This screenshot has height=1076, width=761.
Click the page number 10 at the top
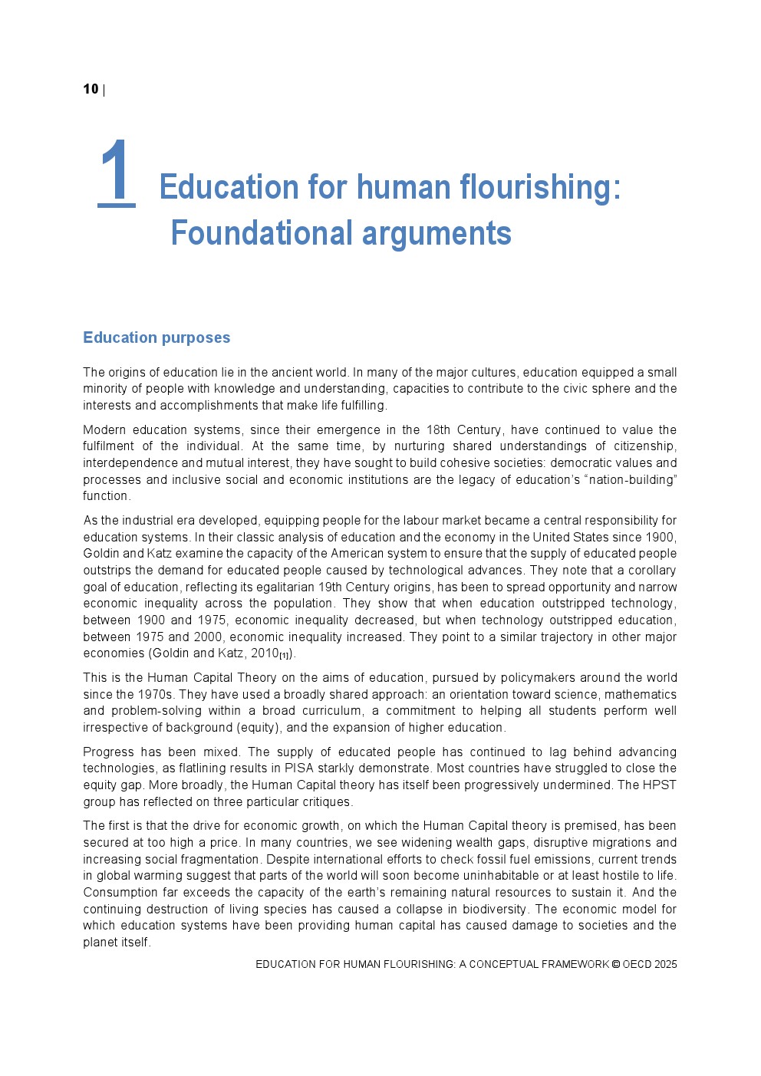tap(91, 90)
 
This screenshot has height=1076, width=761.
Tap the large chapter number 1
tap(117, 173)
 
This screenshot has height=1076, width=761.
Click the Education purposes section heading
tap(156, 337)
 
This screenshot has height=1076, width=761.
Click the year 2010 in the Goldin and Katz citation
tap(264, 653)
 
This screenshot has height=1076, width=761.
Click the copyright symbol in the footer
tap(616, 965)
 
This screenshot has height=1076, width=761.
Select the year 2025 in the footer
tap(666, 965)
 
